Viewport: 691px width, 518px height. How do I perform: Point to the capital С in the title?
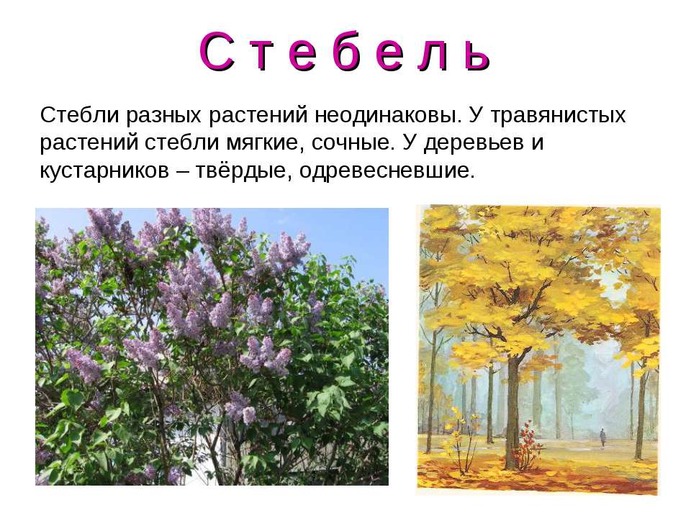coord(217,52)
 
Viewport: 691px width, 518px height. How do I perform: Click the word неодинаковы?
coord(388,115)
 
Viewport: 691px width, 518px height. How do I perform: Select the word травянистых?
coord(558,116)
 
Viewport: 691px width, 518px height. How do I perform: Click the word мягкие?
coord(266,143)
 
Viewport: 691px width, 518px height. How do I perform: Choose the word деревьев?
coord(474,143)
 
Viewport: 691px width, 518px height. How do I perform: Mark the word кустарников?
coord(104,171)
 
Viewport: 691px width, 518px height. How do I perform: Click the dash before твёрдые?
coord(182,172)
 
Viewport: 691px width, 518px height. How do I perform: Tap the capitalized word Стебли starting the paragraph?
coord(80,115)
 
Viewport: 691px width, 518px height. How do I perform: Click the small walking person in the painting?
coord(602,437)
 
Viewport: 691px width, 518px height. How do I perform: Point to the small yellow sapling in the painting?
coord(462,436)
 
